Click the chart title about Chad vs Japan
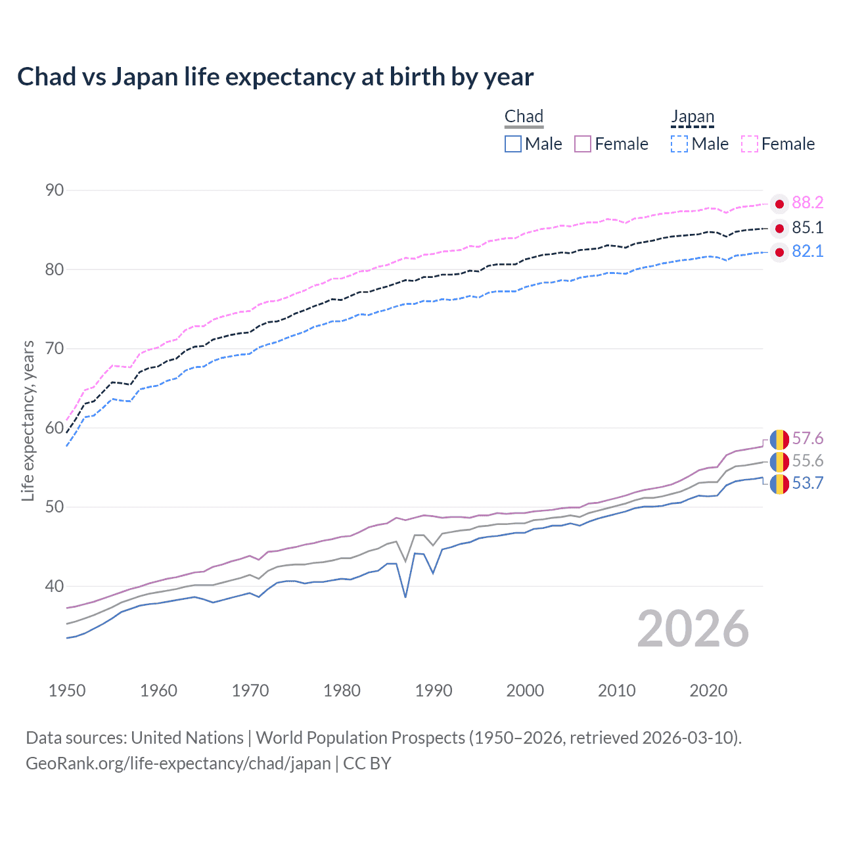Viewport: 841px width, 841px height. pos(275,77)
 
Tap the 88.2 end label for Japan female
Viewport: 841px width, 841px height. pos(807,203)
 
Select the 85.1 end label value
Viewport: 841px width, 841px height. pos(807,228)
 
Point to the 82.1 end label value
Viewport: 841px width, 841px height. pos(807,252)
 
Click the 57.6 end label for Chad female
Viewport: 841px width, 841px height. pos(807,439)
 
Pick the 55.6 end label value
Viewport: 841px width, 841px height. pos(807,461)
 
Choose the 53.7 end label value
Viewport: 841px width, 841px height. pos(807,484)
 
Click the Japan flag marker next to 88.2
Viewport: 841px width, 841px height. pos(779,204)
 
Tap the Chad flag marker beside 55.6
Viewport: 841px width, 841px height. pos(779,462)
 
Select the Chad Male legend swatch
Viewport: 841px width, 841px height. pos(513,144)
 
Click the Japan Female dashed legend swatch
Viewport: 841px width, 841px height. pos(750,144)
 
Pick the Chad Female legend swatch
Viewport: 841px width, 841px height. pos(583,144)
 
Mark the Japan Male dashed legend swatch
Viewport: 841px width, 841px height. pos(679,144)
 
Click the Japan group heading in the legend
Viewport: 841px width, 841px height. pos(692,117)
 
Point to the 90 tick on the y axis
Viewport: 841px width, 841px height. pos(55,191)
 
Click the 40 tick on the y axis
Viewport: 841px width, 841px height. pos(55,586)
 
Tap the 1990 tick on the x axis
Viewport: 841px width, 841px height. pos(434,691)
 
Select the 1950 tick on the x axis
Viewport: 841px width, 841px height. pos(67,691)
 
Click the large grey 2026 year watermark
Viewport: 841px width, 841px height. pos(693,629)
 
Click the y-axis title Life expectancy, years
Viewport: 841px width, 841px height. pos(28,420)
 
